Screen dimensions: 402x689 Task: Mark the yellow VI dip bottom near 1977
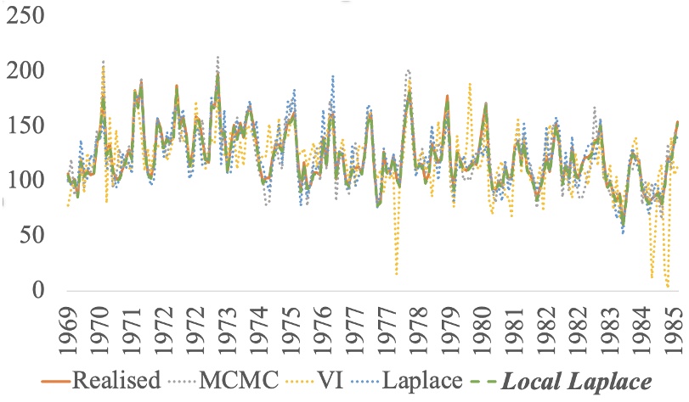(x=397, y=274)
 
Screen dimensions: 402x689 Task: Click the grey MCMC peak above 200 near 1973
(x=217, y=58)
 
